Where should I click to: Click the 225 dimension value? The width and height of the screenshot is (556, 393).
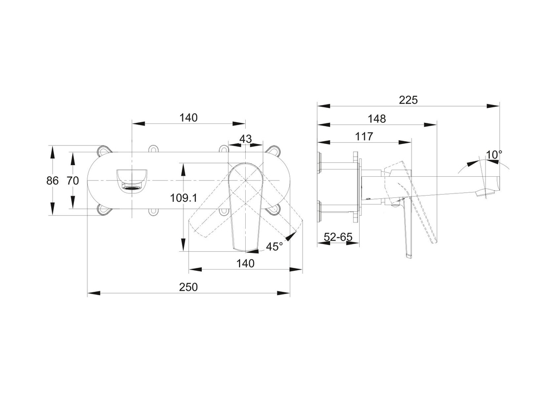pyautogui.click(x=409, y=100)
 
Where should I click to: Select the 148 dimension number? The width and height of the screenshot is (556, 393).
pyautogui.click(x=376, y=118)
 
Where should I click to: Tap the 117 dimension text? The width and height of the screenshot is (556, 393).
pyautogui.click(x=364, y=136)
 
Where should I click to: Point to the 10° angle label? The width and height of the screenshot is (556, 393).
pyautogui.click(x=493, y=154)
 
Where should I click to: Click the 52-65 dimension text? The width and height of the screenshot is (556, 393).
pyautogui.click(x=338, y=237)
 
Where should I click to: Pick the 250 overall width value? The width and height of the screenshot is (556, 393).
pyautogui.click(x=189, y=287)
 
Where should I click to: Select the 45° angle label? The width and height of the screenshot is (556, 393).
pyautogui.click(x=274, y=246)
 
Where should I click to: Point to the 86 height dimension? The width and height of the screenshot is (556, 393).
pyautogui.click(x=52, y=180)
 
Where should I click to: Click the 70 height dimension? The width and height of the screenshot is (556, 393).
pyautogui.click(x=72, y=180)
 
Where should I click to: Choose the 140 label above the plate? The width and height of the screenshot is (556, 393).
pyautogui.click(x=188, y=118)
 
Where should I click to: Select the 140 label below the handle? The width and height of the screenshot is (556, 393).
pyautogui.click(x=245, y=263)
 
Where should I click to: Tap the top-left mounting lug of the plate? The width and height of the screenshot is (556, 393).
pyautogui.click(x=104, y=150)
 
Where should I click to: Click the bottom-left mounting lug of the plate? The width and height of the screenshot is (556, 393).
pyautogui.click(x=104, y=210)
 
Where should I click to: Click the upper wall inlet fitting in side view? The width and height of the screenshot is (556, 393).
pyautogui.click(x=320, y=161)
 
